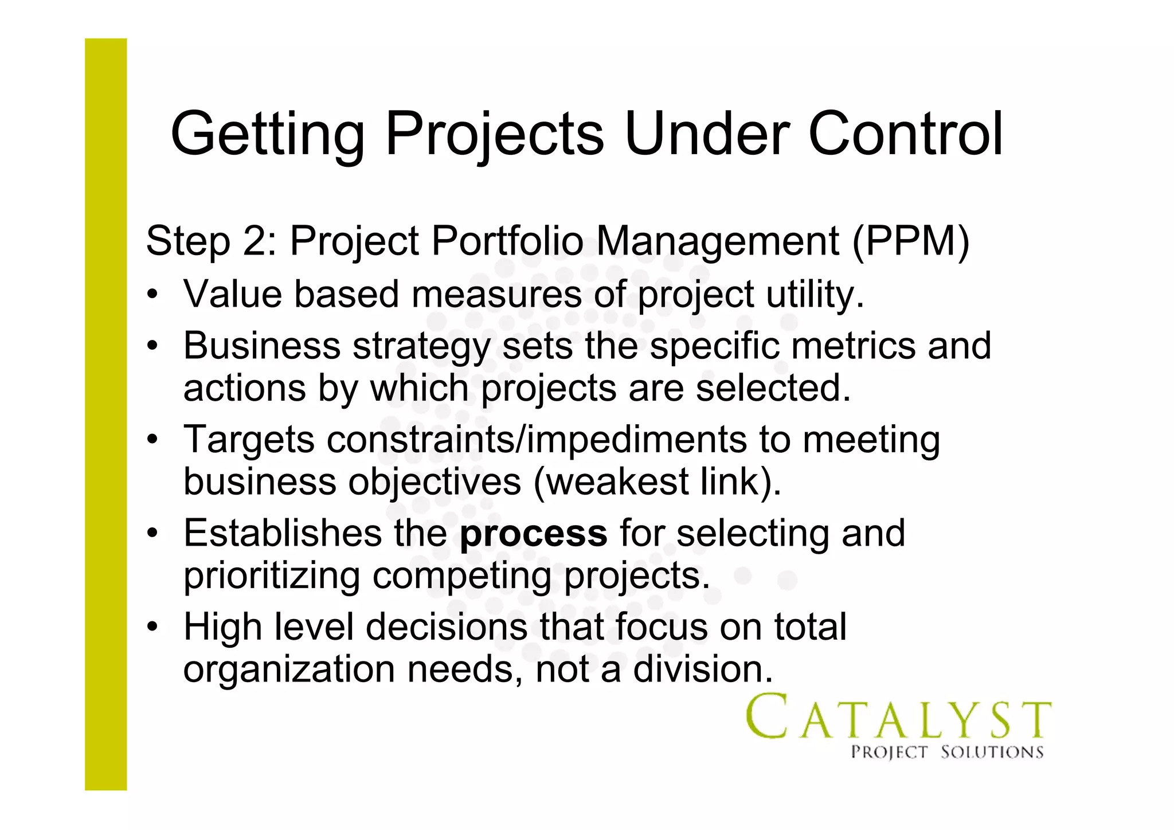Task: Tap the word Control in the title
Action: coord(905,134)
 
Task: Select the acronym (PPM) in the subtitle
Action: coord(911,241)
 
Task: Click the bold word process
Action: coord(533,534)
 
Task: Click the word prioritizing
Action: coord(271,576)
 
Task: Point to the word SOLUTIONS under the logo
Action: coord(992,753)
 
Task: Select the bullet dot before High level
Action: coord(152,628)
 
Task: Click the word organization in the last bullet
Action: coord(289,670)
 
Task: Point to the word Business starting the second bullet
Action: coord(261,346)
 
